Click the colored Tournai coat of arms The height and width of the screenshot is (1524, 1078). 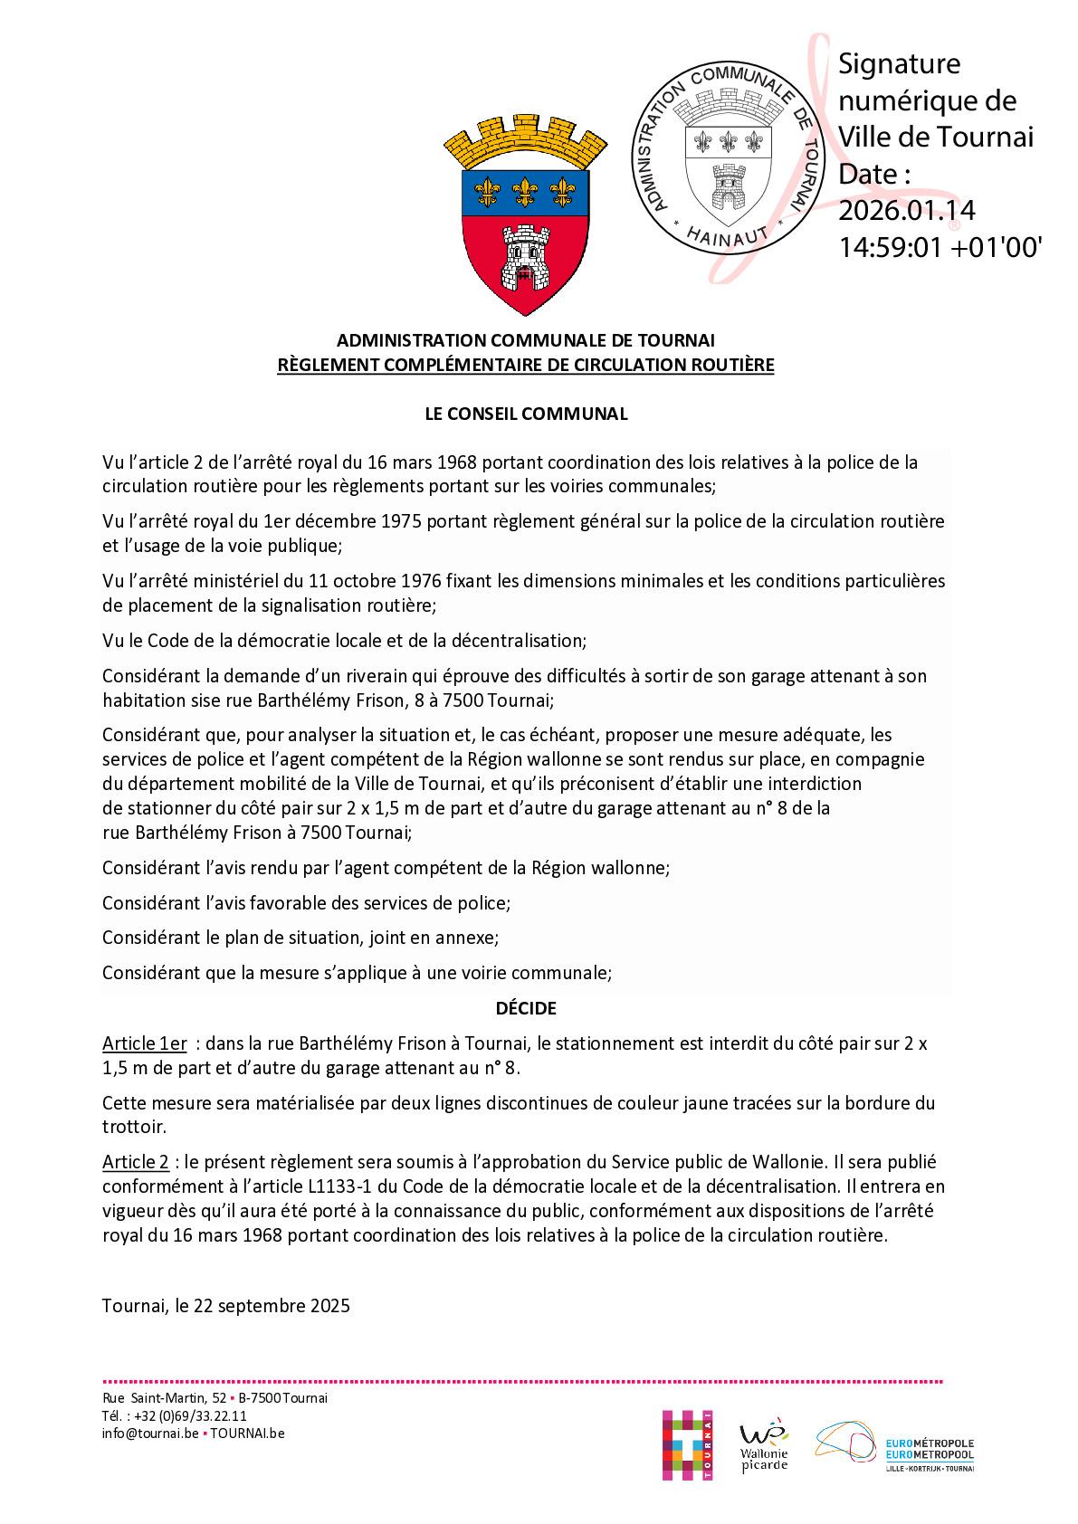[x=525, y=216]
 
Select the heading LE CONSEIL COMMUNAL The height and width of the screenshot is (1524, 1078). [x=526, y=414]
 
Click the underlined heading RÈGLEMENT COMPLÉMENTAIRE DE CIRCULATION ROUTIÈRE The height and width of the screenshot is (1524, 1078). [x=526, y=366]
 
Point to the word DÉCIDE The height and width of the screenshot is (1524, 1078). [x=526, y=1007]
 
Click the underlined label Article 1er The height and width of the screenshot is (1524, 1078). [x=145, y=1043]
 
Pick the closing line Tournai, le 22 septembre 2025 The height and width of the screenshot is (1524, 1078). [x=226, y=1306]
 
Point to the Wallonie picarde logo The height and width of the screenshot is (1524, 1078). [x=764, y=1446]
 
